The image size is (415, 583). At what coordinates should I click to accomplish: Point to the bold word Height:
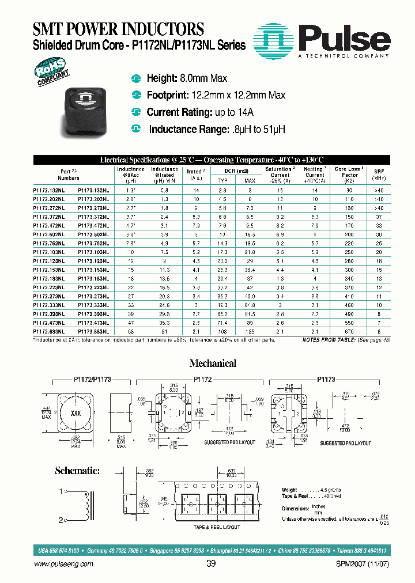click(x=164, y=78)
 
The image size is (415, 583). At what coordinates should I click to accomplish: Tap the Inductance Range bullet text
click(x=217, y=130)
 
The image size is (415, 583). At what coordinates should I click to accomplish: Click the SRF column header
click(x=379, y=172)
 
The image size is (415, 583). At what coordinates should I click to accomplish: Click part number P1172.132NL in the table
click(x=49, y=190)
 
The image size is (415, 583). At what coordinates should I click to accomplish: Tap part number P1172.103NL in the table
click(x=49, y=252)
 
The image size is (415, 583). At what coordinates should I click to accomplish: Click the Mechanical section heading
click(x=213, y=364)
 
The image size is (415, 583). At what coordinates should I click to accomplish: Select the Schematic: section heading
click(x=77, y=471)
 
